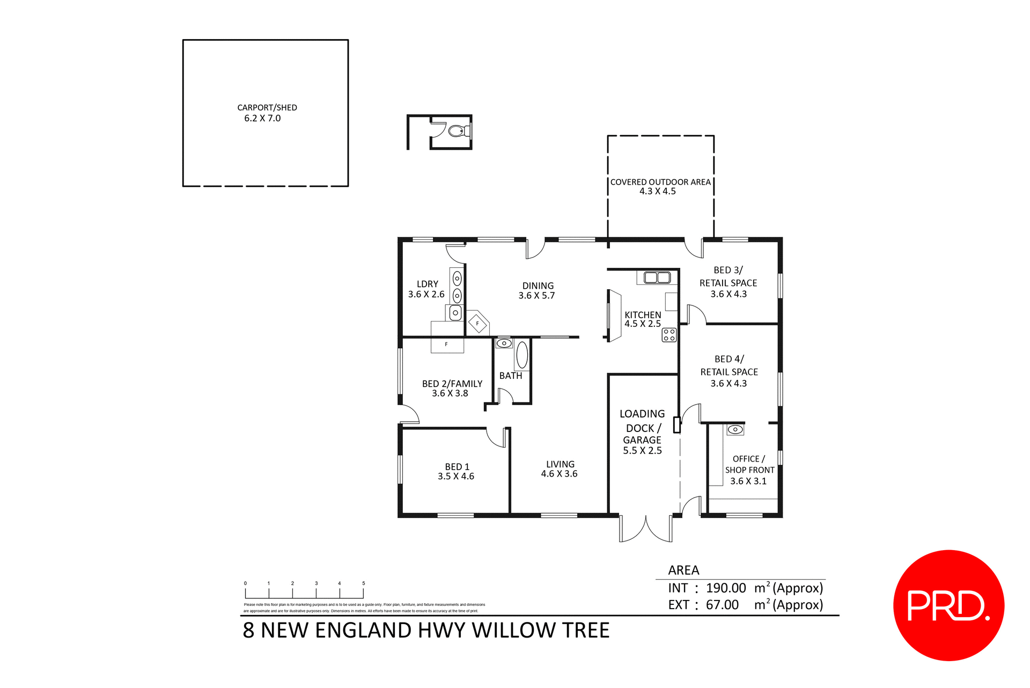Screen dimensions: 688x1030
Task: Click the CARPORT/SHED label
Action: click(267, 107)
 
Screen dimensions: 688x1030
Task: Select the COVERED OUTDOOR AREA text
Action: click(660, 182)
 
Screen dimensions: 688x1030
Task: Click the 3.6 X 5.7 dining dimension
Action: click(536, 296)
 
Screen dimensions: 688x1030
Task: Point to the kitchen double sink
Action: click(657, 277)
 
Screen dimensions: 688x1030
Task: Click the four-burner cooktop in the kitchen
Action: click(669, 335)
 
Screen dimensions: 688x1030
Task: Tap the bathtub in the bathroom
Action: click(522, 355)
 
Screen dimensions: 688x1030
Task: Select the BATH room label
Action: click(510, 376)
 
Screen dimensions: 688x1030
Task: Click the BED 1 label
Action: click(457, 467)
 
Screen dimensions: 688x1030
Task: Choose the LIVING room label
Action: click(560, 464)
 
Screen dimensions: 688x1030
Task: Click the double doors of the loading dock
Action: click(645, 529)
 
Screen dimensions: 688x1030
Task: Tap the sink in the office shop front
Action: click(735, 429)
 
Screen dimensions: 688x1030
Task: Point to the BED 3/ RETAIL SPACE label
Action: click(728, 277)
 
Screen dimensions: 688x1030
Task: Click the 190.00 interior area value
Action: click(726, 588)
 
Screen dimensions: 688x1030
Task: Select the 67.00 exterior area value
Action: click(722, 605)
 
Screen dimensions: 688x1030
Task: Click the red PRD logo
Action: click(948, 605)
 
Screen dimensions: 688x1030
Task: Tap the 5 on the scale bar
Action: click(363, 583)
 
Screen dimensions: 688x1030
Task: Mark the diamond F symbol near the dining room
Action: click(477, 324)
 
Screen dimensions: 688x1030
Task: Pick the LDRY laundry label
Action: click(427, 284)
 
